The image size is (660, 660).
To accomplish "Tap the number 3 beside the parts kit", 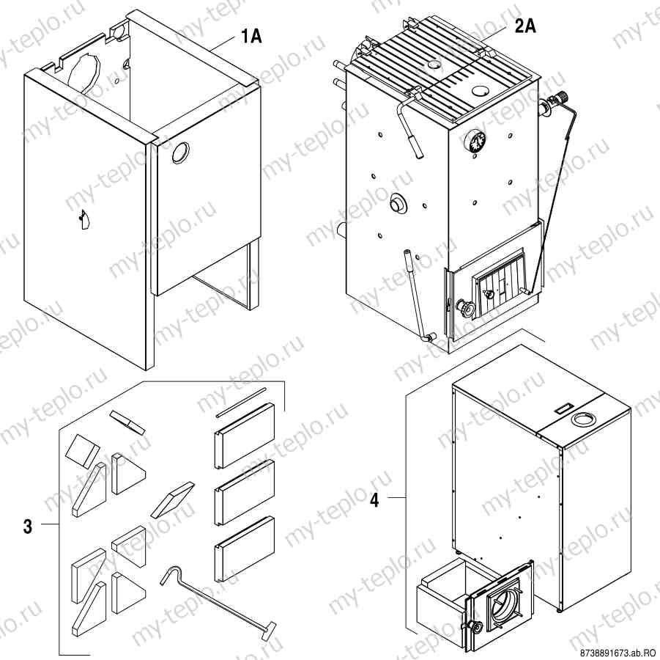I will pos(28,526).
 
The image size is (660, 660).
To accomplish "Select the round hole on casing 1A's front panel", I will pos(180,153).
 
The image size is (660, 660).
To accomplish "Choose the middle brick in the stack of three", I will pos(244,493).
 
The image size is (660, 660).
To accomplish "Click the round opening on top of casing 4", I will pos(584,419).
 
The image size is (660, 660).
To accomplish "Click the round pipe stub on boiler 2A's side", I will pos(398,205).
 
